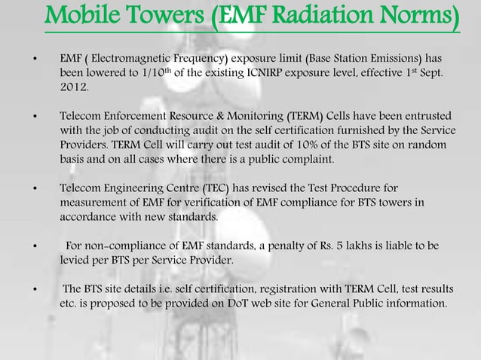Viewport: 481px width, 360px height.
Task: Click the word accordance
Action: point(90,218)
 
